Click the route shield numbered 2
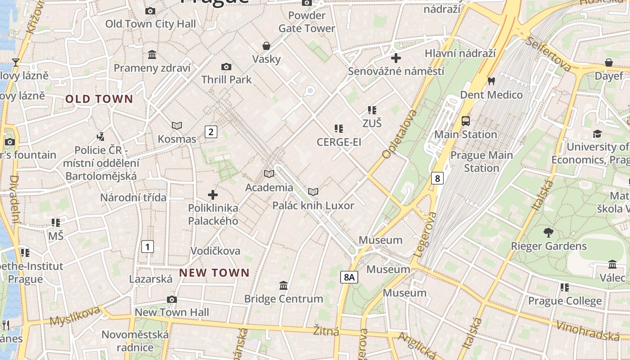tap(211, 132)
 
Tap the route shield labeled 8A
tap(349, 277)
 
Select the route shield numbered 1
tap(147, 247)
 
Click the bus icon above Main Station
tap(466, 121)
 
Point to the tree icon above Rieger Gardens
tap(548, 233)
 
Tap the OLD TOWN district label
tap(99, 99)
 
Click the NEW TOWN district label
tap(214, 273)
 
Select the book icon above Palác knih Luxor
tap(313, 192)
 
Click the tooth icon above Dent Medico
tap(491, 81)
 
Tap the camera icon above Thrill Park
tap(226, 67)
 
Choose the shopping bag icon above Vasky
tap(266, 46)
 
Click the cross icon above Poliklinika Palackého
tap(213, 195)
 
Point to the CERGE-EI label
tap(339, 142)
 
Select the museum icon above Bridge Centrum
tap(283, 285)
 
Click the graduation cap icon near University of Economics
tap(597, 134)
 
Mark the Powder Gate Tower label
tap(307, 22)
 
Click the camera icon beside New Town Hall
tap(171, 300)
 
